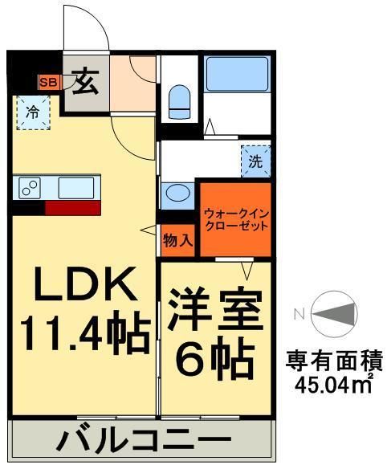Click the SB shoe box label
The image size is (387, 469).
point(49,82)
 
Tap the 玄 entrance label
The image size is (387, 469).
point(84,80)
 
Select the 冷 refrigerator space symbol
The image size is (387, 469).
point(32,112)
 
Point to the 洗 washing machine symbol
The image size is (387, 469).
point(255,161)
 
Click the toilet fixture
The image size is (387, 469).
point(178,100)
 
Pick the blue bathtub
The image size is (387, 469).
point(236,75)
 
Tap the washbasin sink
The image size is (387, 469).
point(177,194)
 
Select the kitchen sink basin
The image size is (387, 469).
point(77,186)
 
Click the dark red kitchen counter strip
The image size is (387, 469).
point(72,208)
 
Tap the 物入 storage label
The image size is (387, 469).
point(177,239)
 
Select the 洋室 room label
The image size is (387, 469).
point(214,309)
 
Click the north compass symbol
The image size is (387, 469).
point(332,315)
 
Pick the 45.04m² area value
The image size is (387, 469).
point(332,385)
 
